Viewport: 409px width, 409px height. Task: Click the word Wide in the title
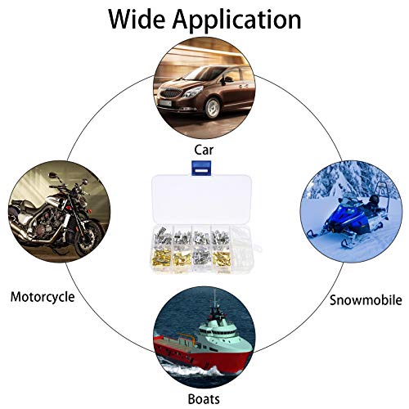pyautogui.click(x=137, y=19)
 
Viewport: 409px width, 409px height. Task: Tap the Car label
pyautogui.click(x=204, y=150)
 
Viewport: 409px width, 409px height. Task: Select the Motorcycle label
pyautogui.click(x=43, y=298)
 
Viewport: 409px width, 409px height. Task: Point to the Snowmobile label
pyautogui.click(x=366, y=300)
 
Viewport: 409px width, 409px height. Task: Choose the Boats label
pyautogui.click(x=204, y=399)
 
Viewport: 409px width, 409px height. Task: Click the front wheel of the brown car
pyautogui.click(x=212, y=108)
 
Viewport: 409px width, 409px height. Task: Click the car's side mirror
pyautogui.click(x=227, y=79)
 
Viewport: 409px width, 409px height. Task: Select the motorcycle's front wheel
pyautogui.click(x=88, y=237)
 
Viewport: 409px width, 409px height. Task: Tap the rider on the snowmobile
pyautogui.click(x=374, y=203)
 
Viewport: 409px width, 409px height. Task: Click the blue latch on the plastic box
pyautogui.click(x=201, y=169)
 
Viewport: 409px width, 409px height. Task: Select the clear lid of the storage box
pyautogui.click(x=201, y=200)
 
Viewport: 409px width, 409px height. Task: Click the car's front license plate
pyautogui.click(x=165, y=103)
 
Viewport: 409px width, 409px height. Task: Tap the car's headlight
pyautogui.click(x=192, y=92)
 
